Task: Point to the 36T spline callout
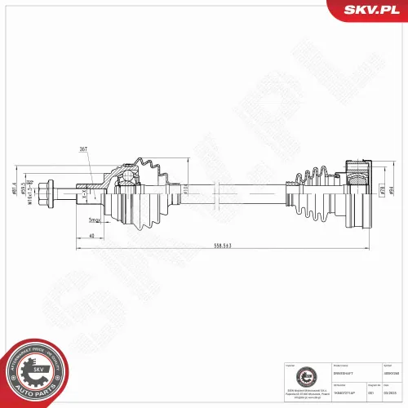coord(84,149)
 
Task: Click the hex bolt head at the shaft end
coord(51,194)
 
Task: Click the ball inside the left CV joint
coord(128,176)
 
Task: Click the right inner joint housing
coord(357,194)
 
